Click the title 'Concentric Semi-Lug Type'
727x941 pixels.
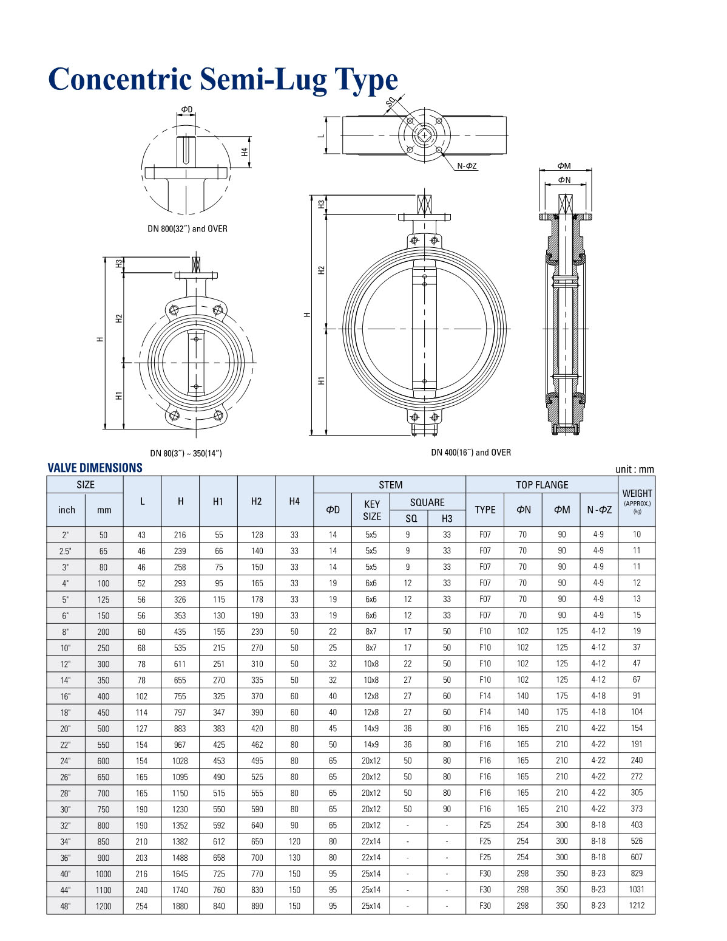223,80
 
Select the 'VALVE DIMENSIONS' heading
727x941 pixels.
95,468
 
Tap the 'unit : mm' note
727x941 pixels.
634,469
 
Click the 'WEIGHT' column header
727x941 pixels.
637,494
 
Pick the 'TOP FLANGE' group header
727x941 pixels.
542,485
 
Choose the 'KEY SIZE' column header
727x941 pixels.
371,510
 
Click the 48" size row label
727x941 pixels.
66,906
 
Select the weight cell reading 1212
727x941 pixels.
637,906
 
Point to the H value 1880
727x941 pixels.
180,906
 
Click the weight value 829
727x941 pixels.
637,874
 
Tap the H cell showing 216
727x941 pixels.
180,535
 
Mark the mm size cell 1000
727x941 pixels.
104,874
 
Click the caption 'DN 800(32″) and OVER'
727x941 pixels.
188,229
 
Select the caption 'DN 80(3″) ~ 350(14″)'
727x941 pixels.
186,454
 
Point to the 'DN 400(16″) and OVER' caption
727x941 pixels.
471,453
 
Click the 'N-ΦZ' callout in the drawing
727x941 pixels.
467,166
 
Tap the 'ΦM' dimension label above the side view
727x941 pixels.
564,166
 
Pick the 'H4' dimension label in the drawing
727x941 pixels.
245,152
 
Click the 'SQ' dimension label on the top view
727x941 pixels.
390,103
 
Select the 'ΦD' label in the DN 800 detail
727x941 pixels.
186,110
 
